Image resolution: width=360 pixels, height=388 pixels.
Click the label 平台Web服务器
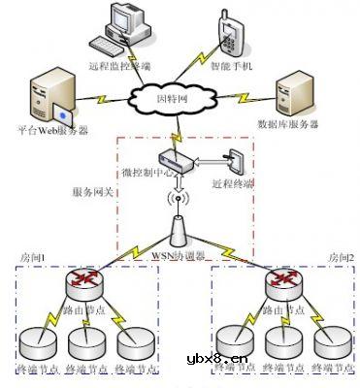48,129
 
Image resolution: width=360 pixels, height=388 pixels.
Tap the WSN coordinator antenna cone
178,231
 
